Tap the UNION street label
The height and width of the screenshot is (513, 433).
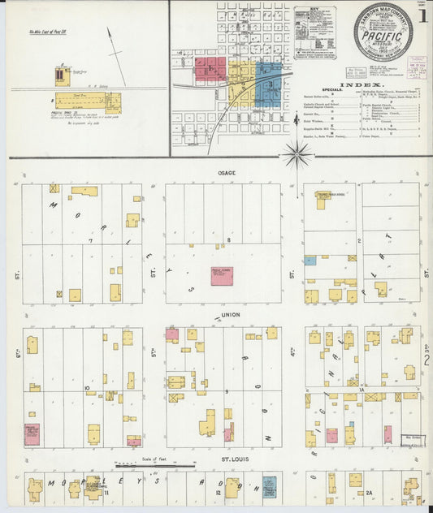[x=228, y=315]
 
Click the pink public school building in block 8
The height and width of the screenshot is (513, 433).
[x=222, y=274]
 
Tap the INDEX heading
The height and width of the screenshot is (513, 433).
[x=357, y=84]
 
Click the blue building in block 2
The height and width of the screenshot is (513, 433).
[x=310, y=261]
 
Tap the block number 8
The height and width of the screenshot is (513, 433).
[x=229, y=240]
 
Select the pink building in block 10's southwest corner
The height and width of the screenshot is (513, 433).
[x=32, y=434]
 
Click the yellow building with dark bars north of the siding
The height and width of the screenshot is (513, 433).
[x=60, y=76]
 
